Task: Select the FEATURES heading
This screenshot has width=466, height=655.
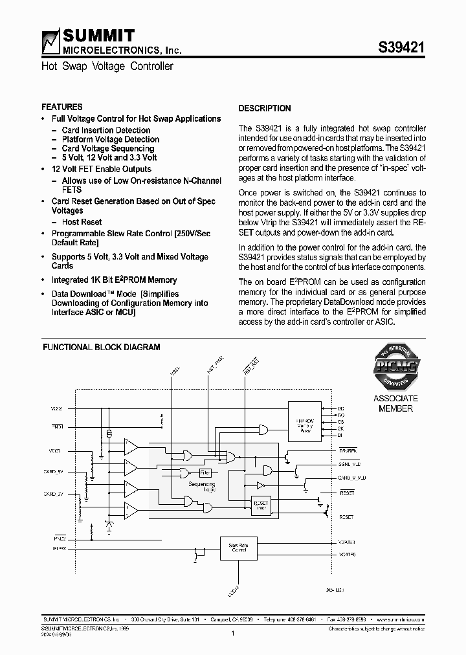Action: tap(62, 107)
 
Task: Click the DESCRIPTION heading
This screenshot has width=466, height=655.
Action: tap(265, 108)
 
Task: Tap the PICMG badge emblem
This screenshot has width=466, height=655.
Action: tap(395, 368)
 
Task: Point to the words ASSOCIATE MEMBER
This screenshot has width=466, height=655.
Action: tap(395, 403)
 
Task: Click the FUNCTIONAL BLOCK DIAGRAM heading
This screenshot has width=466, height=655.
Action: tap(102, 347)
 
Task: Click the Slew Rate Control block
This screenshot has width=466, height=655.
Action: tap(238, 548)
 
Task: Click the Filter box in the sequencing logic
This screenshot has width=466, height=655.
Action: tap(205, 472)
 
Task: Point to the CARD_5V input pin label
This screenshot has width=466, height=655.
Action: tap(55, 472)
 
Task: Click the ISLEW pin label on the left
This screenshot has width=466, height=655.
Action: tap(59, 548)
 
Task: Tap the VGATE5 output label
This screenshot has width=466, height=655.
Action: tap(347, 555)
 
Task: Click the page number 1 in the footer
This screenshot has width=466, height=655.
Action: tap(232, 634)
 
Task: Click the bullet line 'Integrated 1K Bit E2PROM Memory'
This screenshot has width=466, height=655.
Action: tap(114, 280)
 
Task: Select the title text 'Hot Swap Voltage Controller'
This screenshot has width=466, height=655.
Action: tap(107, 66)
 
